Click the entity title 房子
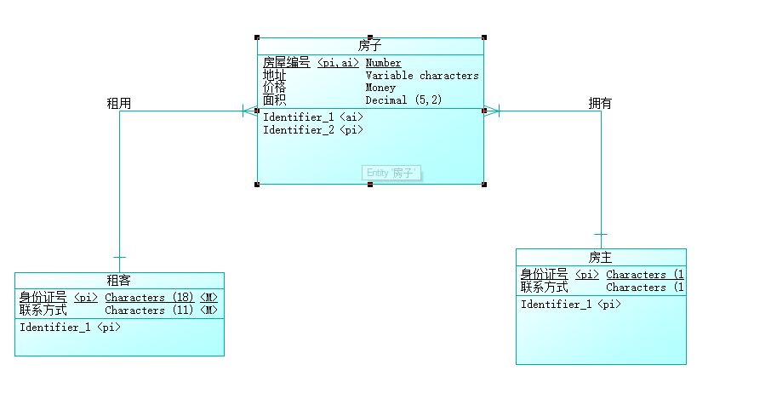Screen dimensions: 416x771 (x=369, y=46)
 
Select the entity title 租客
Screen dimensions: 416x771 (x=118, y=281)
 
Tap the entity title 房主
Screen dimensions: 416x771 (x=600, y=257)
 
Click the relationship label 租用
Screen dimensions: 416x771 (x=118, y=103)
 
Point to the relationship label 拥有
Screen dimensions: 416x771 (x=600, y=103)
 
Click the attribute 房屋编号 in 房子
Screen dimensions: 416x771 (x=286, y=63)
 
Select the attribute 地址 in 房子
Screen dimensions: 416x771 (x=274, y=76)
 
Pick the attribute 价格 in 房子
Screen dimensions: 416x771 (x=274, y=88)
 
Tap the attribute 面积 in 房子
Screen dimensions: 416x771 (x=274, y=100)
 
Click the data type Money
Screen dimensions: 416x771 (x=380, y=88)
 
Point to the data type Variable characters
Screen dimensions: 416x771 (x=422, y=76)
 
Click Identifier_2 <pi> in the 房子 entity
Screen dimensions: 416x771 (x=312, y=130)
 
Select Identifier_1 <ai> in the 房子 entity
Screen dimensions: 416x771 (x=312, y=117)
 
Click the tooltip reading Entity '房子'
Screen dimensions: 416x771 (x=392, y=173)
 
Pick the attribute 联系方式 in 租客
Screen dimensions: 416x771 (x=43, y=311)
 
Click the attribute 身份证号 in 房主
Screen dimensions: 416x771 (x=544, y=275)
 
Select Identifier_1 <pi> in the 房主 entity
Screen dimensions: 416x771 (x=570, y=305)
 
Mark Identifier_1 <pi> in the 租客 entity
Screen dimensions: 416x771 (x=70, y=328)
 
